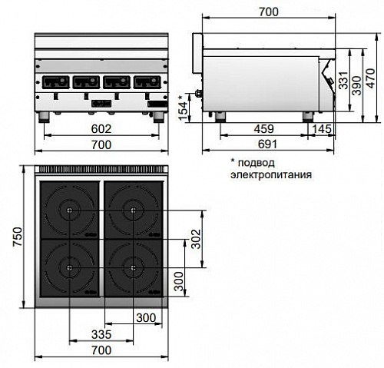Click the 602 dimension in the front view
[101, 129]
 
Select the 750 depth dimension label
[18, 237]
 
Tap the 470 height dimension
[371, 78]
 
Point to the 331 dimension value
[343, 80]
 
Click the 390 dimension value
[356, 85]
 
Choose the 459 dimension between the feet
[264, 129]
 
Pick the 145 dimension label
[322, 129]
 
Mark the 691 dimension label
[267, 144]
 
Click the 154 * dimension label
[183, 108]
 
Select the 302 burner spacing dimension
[197, 239]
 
